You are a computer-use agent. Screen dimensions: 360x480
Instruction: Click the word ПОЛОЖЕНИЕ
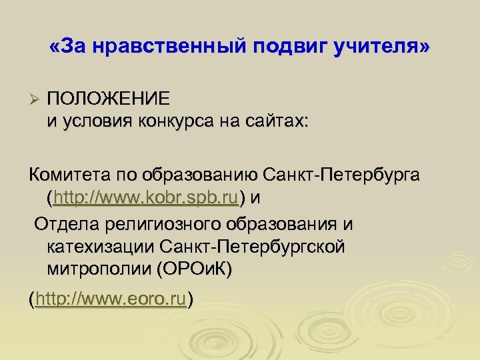click(x=108, y=99)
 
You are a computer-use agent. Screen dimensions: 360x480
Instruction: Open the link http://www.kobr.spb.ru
click(x=147, y=197)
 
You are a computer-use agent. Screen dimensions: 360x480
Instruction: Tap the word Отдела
click(x=63, y=224)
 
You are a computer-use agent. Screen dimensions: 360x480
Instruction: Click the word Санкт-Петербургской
click(x=253, y=246)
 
